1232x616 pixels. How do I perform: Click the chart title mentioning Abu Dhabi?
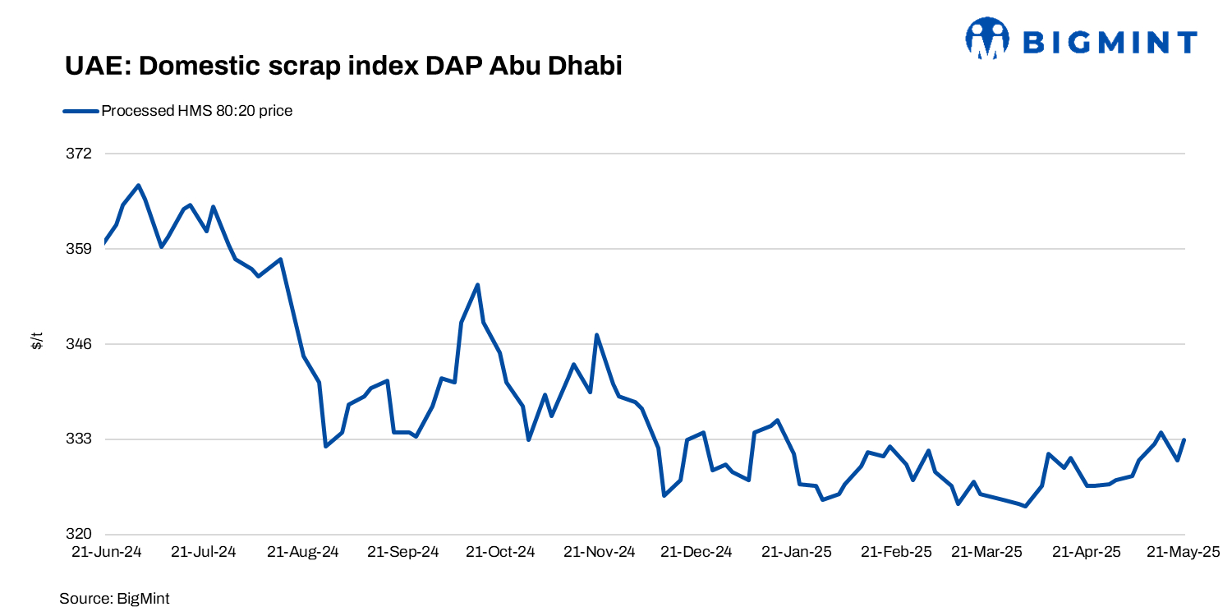tap(343, 67)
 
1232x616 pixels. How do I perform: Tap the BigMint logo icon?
tap(986, 39)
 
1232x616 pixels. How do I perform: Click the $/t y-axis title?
tap(37, 340)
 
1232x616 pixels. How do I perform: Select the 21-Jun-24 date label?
tap(106, 552)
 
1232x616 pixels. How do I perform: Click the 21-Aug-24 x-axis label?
tap(303, 552)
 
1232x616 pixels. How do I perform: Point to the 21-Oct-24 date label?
tap(500, 552)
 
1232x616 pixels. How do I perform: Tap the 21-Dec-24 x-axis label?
tap(696, 552)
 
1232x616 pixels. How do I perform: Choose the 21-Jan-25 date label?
tap(796, 552)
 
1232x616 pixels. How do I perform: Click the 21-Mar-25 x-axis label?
tap(986, 552)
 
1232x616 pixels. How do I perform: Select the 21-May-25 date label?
tap(1184, 552)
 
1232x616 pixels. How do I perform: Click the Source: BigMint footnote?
tap(114, 599)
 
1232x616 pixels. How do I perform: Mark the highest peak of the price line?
tap(139, 185)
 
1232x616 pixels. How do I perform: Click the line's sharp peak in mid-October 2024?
tap(478, 284)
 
